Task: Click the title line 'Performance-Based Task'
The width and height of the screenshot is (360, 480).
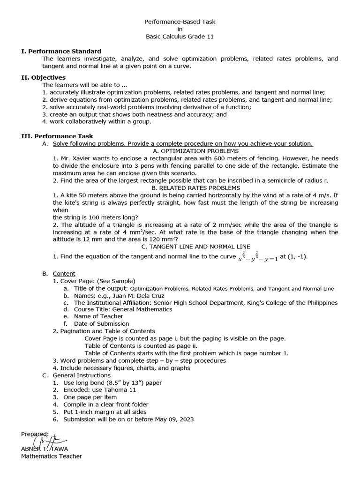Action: (x=180, y=22)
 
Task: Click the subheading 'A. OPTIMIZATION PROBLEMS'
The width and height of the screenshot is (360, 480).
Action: (x=195, y=151)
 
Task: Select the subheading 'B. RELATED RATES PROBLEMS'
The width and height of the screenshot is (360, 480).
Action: (x=195, y=188)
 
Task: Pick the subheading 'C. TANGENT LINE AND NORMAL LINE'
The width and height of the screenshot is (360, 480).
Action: (x=195, y=247)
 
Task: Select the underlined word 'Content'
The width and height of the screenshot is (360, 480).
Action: (x=64, y=274)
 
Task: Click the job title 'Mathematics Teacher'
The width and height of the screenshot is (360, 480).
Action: (x=52, y=456)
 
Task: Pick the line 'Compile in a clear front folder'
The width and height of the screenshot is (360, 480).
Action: (x=106, y=405)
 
